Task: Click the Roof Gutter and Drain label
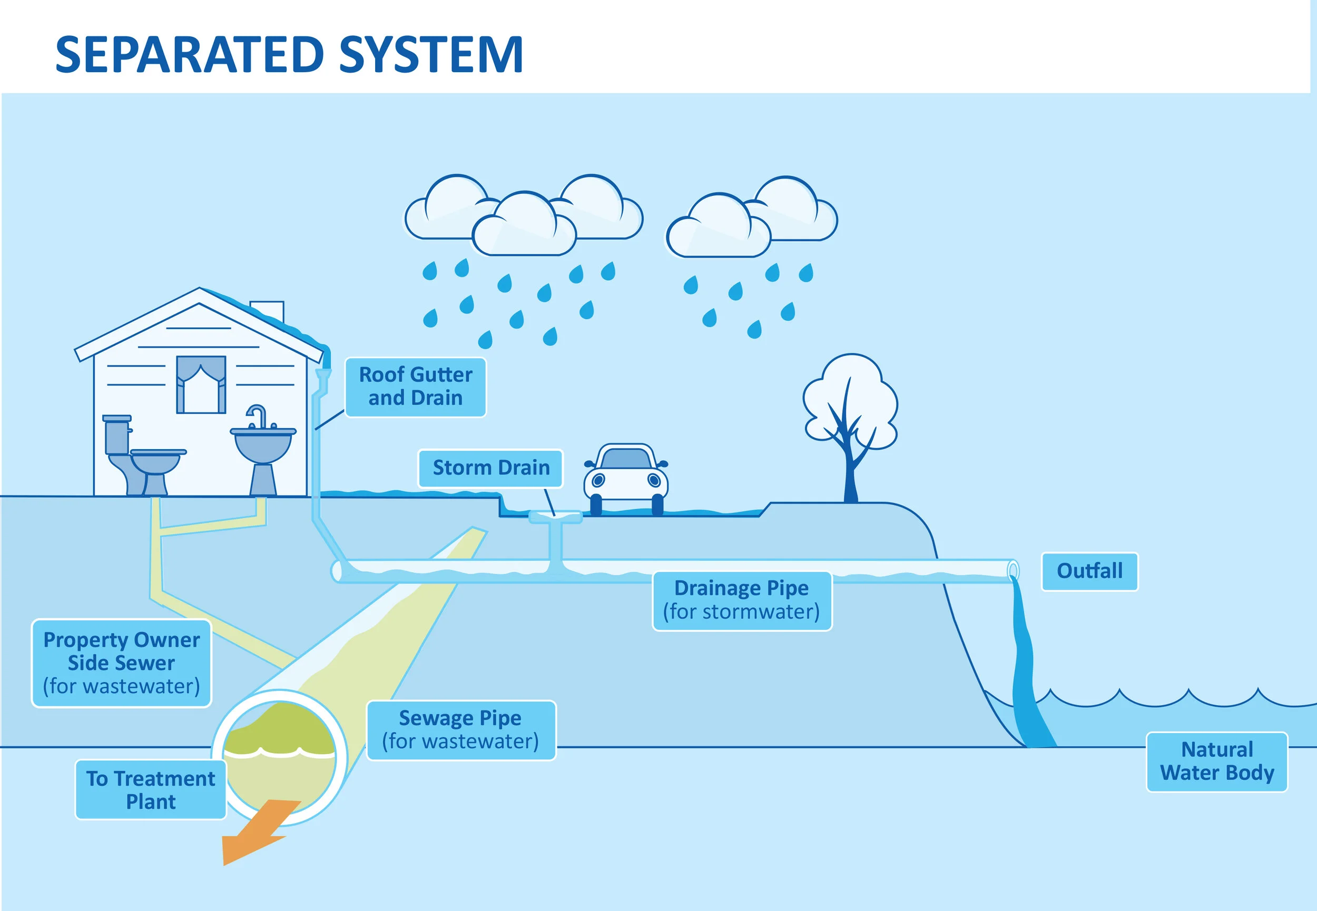[x=415, y=387]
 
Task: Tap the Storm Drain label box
[x=490, y=468]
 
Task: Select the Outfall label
[x=1089, y=571]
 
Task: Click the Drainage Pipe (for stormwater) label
[x=742, y=601]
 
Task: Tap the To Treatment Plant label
[x=151, y=790]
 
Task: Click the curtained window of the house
[x=201, y=384]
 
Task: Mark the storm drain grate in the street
[x=555, y=517]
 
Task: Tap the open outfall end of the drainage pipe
[x=1013, y=571]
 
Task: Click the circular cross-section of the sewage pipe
[x=280, y=757]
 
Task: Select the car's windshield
[x=626, y=458]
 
